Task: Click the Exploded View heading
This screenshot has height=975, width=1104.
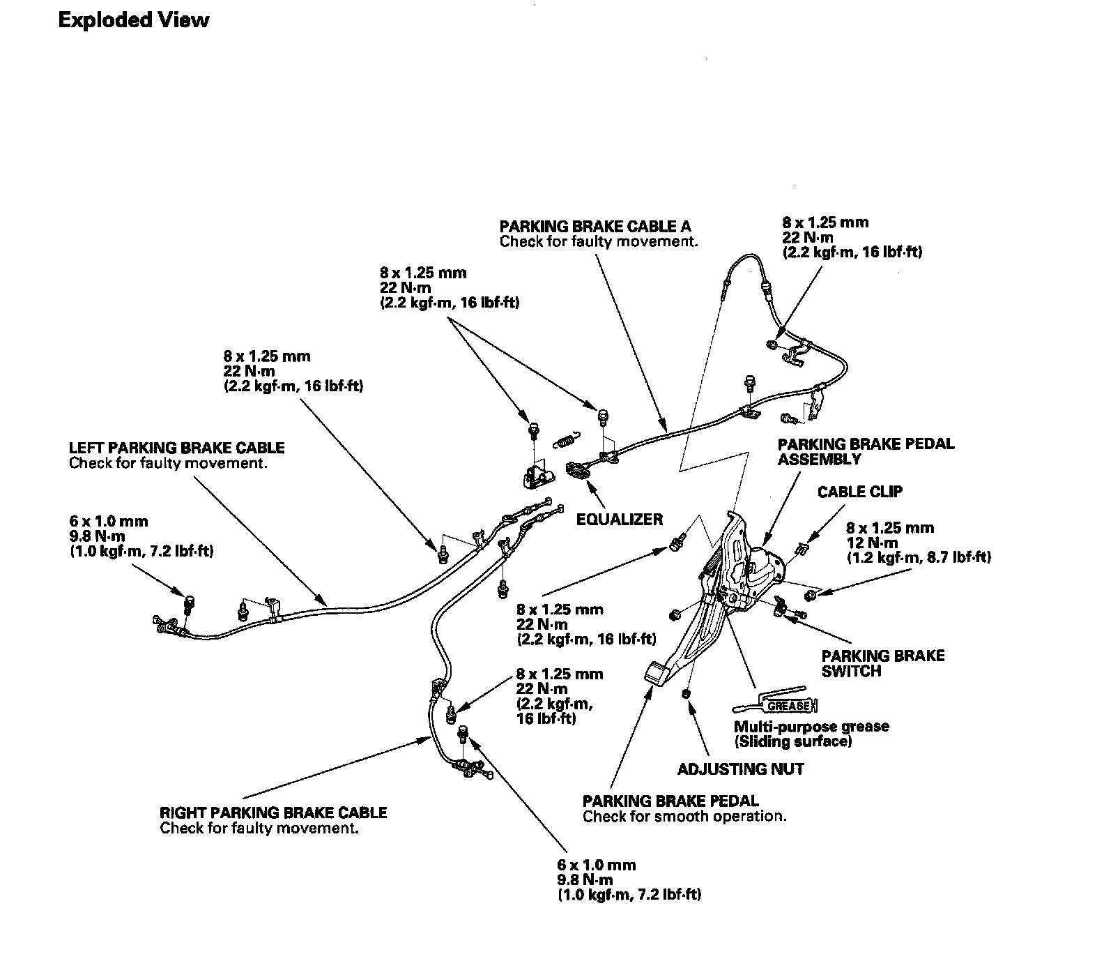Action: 133,20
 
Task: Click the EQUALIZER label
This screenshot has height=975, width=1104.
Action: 620,519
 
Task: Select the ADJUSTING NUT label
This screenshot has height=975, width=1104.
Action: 741,769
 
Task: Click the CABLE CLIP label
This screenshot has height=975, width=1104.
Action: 859,492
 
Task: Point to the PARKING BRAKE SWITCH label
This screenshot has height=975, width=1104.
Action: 882,663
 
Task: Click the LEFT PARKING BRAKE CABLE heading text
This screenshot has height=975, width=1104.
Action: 177,448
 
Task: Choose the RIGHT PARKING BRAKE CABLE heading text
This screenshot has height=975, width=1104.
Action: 273,812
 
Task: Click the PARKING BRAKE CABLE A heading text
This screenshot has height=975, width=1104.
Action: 595,227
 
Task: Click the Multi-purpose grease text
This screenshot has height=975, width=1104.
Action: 811,726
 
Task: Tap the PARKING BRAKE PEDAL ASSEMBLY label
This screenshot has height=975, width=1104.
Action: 866,451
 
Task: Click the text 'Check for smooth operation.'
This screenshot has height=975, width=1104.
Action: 684,816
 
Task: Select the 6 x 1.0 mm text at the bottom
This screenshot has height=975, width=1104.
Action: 597,865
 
